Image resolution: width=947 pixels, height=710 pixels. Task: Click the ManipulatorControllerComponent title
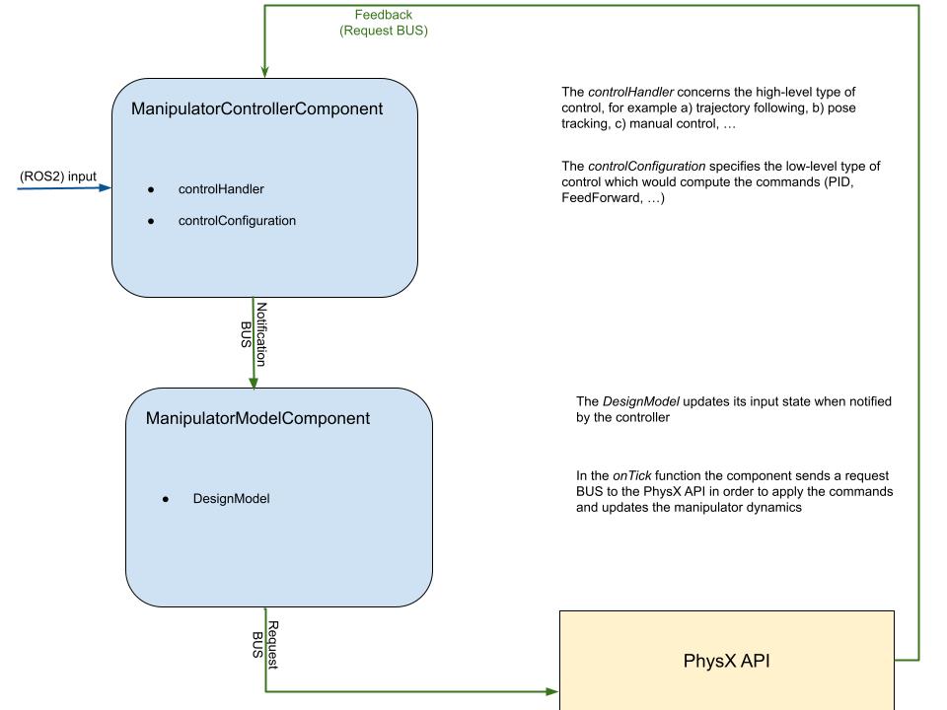[256, 109]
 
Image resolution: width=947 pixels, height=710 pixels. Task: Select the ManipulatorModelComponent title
[257, 418]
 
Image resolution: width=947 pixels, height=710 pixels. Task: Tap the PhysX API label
[727, 661]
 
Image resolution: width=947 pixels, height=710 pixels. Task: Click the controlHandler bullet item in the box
[221, 188]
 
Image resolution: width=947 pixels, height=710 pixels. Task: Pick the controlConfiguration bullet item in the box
[237, 221]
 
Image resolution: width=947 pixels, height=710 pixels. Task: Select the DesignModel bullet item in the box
[231, 499]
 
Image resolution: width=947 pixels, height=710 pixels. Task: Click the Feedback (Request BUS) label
[384, 23]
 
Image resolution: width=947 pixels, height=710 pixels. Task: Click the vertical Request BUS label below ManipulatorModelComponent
[267, 646]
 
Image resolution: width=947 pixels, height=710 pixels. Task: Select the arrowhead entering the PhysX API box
[552, 690]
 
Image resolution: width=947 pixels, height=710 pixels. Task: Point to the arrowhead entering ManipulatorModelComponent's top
[264, 381]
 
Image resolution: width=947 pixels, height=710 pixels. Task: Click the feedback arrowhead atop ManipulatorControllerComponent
[264, 71]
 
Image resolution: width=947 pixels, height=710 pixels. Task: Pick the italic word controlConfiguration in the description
[646, 166]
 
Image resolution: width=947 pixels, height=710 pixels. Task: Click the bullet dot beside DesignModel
[166, 499]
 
